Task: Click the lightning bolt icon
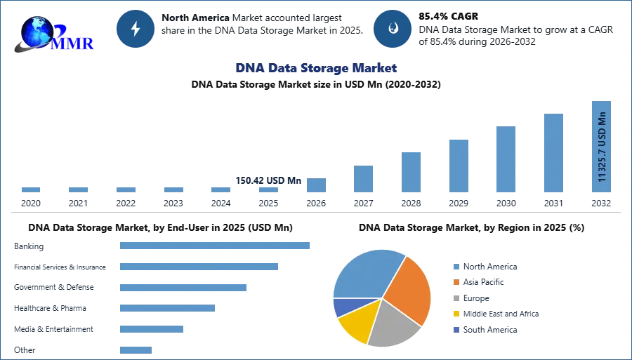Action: (x=136, y=29)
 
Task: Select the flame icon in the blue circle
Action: (x=393, y=29)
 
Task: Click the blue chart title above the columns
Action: (x=317, y=68)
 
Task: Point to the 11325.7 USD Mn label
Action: (x=602, y=147)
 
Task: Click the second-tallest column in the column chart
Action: (x=553, y=153)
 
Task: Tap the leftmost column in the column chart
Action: (x=31, y=190)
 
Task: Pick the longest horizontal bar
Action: (x=216, y=246)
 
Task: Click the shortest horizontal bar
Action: (x=135, y=347)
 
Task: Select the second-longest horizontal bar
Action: (x=199, y=267)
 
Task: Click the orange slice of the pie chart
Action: (x=408, y=288)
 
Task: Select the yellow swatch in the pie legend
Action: (x=456, y=314)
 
